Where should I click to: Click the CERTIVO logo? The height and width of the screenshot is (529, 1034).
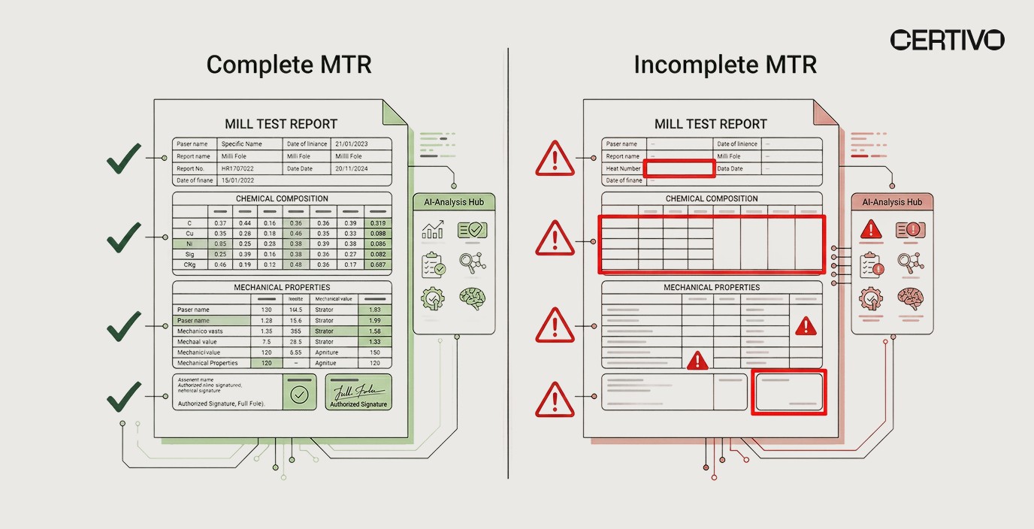(x=947, y=40)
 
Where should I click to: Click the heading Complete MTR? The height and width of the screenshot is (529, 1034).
(x=289, y=65)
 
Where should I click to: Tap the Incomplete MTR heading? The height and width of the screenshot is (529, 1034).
(x=724, y=65)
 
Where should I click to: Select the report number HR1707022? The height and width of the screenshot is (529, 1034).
(x=237, y=169)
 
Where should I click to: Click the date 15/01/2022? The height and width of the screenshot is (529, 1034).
(x=237, y=181)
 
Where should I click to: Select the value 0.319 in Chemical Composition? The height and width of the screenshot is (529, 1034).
(x=378, y=223)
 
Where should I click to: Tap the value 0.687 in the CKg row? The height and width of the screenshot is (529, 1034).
(x=378, y=264)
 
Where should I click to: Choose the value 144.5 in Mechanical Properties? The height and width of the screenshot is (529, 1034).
(x=295, y=310)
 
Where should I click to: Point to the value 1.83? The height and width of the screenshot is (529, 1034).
(x=374, y=310)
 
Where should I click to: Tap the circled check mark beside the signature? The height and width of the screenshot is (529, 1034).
(x=299, y=395)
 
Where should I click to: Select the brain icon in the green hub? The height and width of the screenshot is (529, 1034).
(x=472, y=299)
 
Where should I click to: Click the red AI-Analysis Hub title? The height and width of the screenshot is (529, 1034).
(x=892, y=202)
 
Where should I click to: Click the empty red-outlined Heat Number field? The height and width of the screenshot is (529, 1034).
(x=679, y=168)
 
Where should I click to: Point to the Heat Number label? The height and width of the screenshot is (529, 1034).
(x=623, y=169)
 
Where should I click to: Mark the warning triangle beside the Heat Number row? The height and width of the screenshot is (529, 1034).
(x=554, y=159)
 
